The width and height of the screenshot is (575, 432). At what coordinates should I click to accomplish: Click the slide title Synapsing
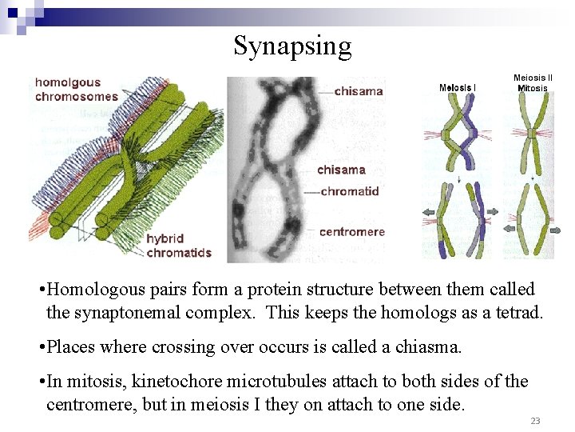292,46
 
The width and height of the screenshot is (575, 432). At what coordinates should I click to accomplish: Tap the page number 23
535,421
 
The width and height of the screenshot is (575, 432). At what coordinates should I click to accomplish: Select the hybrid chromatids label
179,246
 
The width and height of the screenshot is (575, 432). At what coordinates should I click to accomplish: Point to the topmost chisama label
359,90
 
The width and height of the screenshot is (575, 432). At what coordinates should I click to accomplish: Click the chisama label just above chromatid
341,170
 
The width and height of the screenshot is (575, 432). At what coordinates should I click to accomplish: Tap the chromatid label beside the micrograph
350,191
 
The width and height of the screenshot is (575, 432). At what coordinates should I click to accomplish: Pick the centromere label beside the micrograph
351,232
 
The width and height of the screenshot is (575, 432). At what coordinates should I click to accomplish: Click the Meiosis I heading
458,87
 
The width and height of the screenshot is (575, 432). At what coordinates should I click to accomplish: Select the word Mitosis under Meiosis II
533,88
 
